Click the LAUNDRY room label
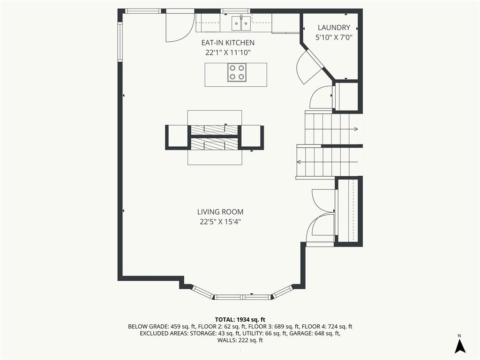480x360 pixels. (x=334, y=28)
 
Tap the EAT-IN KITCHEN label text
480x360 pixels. (x=228, y=43)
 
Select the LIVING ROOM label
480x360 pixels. (x=220, y=212)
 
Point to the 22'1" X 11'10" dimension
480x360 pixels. (x=228, y=52)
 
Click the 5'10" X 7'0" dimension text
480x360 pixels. (x=334, y=37)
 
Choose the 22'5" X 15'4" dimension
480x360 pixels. (x=220, y=222)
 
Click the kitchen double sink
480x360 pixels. (x=241, y=23)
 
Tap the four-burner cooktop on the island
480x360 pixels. (x=237, y=73)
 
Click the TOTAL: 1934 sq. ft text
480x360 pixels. (x=240, y=320)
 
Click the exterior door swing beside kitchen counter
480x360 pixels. (x=180, y=27)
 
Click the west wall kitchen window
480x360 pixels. (x=120, y=42)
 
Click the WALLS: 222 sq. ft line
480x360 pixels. (x=240, y=340)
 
